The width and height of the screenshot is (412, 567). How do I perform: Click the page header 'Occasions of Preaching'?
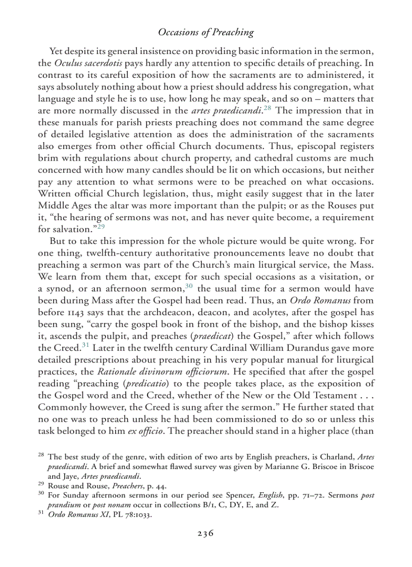205,33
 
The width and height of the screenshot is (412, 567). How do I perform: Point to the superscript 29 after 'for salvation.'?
101,226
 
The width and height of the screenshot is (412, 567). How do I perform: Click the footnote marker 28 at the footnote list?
41,455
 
